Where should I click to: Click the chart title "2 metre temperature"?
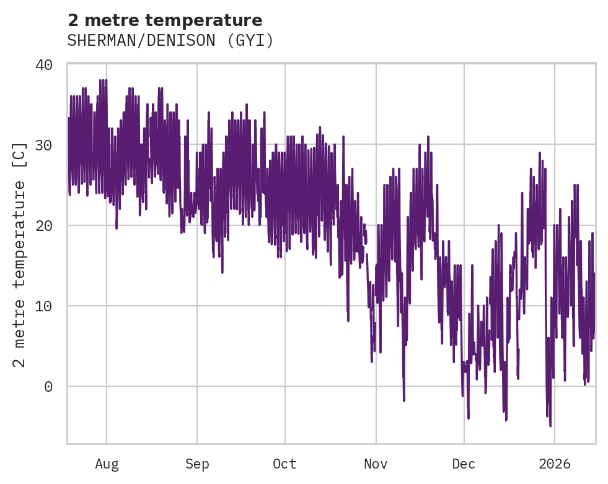(x=165, y=20)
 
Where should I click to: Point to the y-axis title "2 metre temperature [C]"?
(x=20, y=254)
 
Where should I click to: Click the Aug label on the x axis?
(x=107, y=464)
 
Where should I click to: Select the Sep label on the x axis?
(x=197, y=464)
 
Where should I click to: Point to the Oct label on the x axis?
(x=285, y=464)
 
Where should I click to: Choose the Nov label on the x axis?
(x=376, y=464)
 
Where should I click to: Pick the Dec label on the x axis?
(x=464, y=464)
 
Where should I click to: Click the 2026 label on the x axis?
(x=555, y=464)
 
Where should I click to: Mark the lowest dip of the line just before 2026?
(x=550, y=425)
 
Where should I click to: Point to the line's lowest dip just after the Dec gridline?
(x=468, y=418)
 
